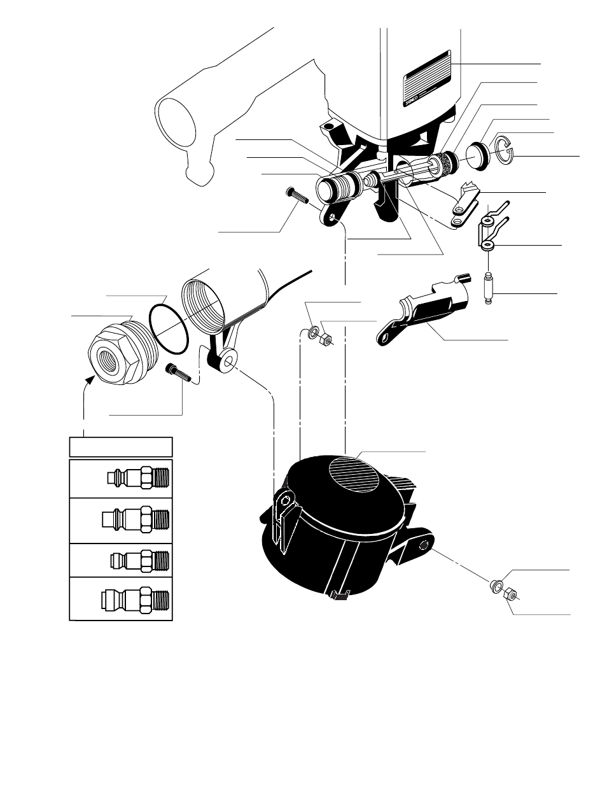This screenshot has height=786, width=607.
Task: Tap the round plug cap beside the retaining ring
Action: (x=478, y=155)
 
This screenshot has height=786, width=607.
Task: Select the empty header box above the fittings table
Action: (x=120, y=446)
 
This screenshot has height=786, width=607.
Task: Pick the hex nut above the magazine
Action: (x=324, y=340)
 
